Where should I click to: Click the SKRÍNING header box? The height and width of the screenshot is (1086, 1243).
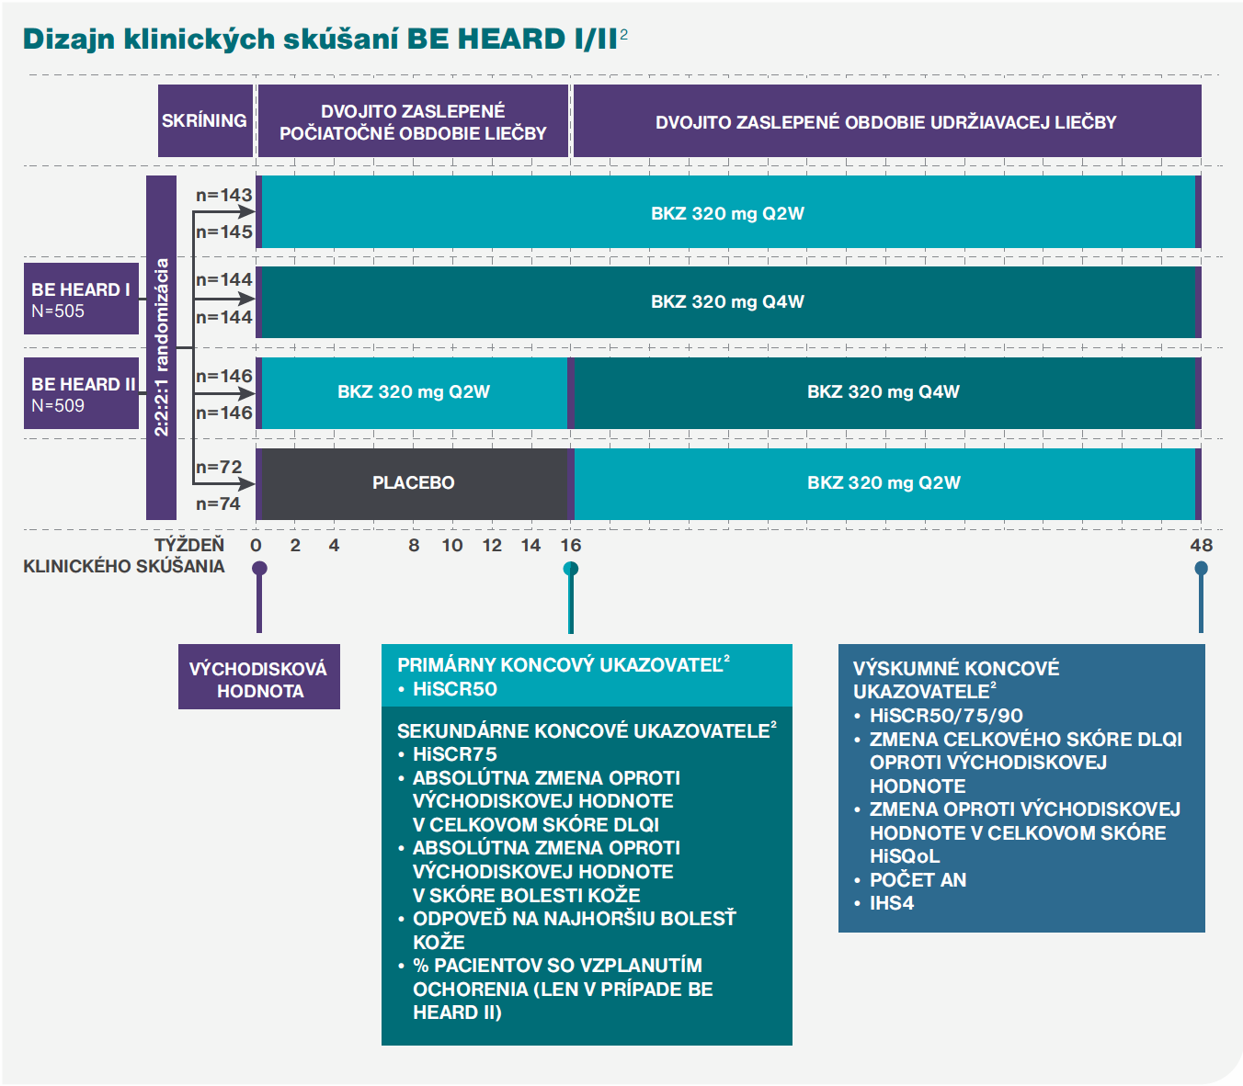click(x=205, y=120)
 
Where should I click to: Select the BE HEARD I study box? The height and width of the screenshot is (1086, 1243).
click(x=82, y=298)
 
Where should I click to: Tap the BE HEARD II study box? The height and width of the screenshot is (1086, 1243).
click(x=82, y=392)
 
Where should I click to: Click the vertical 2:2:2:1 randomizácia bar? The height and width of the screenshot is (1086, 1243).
click(x=161, y=347)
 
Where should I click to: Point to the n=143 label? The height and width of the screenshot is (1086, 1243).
click(x=223, y=196)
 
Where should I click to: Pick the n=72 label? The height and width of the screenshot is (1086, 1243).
click(x=219, y=468)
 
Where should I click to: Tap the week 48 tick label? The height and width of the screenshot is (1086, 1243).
click(x=1201, y=545)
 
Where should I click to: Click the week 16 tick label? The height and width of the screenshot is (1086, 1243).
click(x=570, y=545)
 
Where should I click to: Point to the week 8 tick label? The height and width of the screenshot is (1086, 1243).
click(x=414, y=545)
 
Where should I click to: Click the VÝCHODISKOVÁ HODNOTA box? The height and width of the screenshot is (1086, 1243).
click(x=259, y=676)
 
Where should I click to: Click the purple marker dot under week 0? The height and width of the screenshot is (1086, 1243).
click(x=259, y=568)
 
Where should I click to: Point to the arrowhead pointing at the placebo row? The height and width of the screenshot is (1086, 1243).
click(x=246, y=484)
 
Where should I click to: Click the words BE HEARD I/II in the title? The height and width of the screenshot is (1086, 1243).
click(x=512, y=40)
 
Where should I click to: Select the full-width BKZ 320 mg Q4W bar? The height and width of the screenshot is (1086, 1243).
click(x=728, y=301)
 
